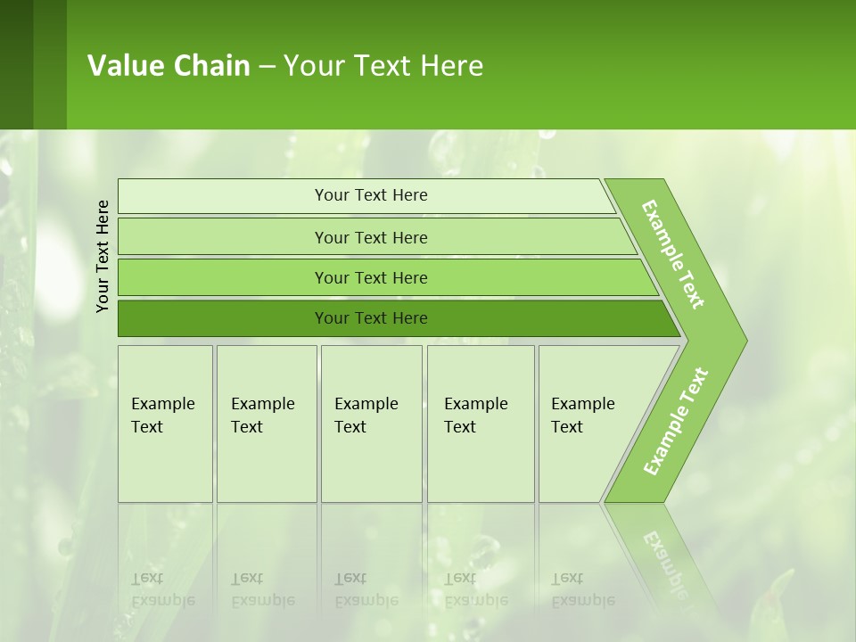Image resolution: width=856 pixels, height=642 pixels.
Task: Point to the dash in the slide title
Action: coord(267,67)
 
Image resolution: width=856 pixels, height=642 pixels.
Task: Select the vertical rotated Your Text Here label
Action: coord(103,256)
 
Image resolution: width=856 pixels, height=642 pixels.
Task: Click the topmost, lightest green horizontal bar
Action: coord(370,195)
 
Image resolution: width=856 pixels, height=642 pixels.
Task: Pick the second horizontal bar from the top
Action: coord(370,237)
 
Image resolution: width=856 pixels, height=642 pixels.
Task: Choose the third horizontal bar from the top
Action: coord(370,277)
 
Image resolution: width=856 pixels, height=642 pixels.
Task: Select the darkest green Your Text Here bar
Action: coord(370,318)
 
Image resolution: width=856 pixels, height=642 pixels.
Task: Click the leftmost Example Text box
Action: coord(165,424)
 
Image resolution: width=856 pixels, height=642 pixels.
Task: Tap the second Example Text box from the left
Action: coord(266,424)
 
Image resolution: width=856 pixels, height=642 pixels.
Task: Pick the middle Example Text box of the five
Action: coord(370,424)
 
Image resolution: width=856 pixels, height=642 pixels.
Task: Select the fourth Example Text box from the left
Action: coord(480,424)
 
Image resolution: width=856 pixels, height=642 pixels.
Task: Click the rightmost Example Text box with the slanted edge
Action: coord(588,424)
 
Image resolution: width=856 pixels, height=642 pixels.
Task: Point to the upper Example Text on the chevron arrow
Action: coord(673,254)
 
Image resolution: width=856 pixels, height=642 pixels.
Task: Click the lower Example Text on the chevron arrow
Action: coord(675,422)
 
